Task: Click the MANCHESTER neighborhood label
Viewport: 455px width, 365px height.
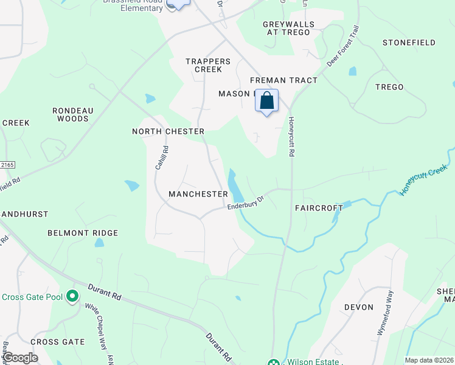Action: [x=198, y=194]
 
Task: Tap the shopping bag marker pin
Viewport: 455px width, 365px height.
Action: [x=267, y=100]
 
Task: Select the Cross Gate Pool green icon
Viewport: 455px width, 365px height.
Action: [x=72, y=297]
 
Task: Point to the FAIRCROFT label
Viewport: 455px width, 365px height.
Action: [x=319, y=207]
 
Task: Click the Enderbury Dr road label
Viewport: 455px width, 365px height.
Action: [x=246, y=203]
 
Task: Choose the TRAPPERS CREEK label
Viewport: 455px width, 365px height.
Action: [x=208, y=65]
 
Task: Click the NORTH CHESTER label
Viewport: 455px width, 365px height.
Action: [x=168, y=131]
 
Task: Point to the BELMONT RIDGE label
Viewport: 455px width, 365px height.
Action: [x=83, y=233]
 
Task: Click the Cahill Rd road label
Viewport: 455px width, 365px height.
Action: [x=160, y=157]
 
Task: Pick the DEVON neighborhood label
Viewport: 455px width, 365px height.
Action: [x=359, y=307]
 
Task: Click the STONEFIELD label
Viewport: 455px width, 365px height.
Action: [x=409, y=43]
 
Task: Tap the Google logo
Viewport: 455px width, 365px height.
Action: [x=20, y=357]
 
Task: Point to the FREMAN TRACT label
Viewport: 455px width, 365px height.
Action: [x=284, y=80]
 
